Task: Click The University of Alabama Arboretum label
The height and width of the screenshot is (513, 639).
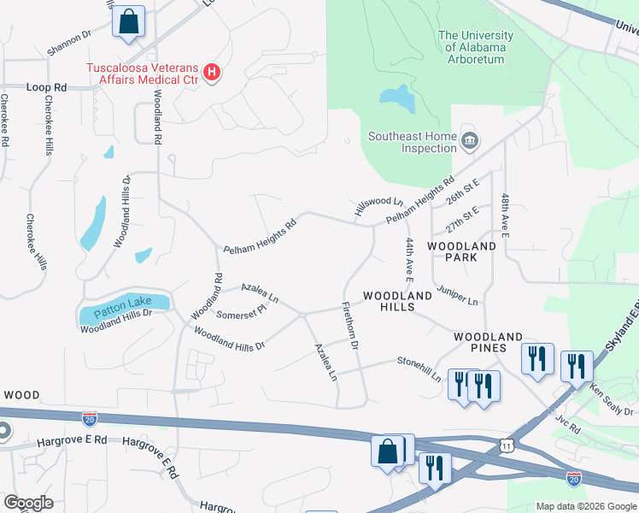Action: [476, 42]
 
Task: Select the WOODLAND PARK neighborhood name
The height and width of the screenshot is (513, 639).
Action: [462, 251]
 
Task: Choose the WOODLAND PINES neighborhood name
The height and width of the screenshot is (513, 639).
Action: [492, 342]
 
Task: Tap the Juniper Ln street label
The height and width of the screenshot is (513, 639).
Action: [457, 296]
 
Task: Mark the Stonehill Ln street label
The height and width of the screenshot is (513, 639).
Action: [419, 369]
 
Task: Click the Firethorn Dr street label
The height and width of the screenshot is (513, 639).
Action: [350, 325]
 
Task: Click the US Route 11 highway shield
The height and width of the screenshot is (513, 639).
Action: [507, 445]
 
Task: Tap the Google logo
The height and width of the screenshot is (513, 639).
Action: [28, 503]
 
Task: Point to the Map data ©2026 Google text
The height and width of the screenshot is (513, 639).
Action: [585, 506]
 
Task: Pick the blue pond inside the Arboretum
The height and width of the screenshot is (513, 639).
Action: [398, 98]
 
